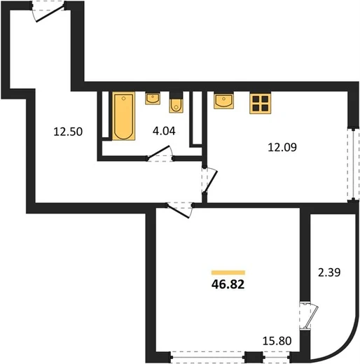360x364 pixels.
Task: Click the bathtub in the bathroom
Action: [x=124, y=116]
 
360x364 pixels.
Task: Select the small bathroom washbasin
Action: [x=153, y=98]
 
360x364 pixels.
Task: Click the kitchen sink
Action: [x=223, y=101]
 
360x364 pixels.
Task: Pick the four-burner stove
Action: [x=261, y=104]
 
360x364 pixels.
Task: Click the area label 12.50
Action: [x=68, y=132]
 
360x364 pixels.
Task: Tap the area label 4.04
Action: [x=164, y=131]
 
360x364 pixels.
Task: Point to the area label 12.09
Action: [x=282, y=147]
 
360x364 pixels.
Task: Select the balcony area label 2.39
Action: [x=329, y=272]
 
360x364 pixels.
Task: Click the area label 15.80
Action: [x=277, y=341]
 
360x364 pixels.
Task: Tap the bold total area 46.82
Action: [x=228, y=284]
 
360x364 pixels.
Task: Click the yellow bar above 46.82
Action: [x=228, y=272]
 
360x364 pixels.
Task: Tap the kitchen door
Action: [x=209, y=181]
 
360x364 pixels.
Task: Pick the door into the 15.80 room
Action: [x=180, y=210]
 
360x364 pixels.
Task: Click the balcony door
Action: [x=309, y=316]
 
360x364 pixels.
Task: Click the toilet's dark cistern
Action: [x=176, y=95]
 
